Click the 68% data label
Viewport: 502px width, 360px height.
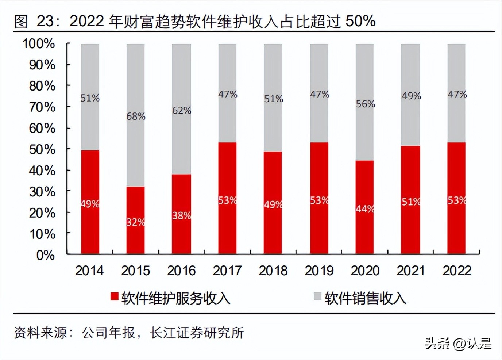point(136,116)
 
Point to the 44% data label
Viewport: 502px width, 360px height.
point(365,209)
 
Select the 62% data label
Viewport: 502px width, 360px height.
point(182,110)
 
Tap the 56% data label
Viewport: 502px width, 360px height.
point(365,104)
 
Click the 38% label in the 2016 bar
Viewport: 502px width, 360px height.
point(182,215)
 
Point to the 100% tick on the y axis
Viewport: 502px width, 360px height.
point(39,44)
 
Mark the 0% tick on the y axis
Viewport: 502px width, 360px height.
point(46,255)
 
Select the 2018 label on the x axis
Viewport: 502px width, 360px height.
point(273,271)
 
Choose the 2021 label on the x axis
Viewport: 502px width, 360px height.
point(411,271)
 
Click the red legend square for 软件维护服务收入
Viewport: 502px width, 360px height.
point(115,296)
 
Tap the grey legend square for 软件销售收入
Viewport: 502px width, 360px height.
point(317,296)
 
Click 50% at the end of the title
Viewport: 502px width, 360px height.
point(360,21)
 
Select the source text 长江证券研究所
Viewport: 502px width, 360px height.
point(197,333)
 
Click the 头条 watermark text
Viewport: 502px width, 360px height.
point(437,344)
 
